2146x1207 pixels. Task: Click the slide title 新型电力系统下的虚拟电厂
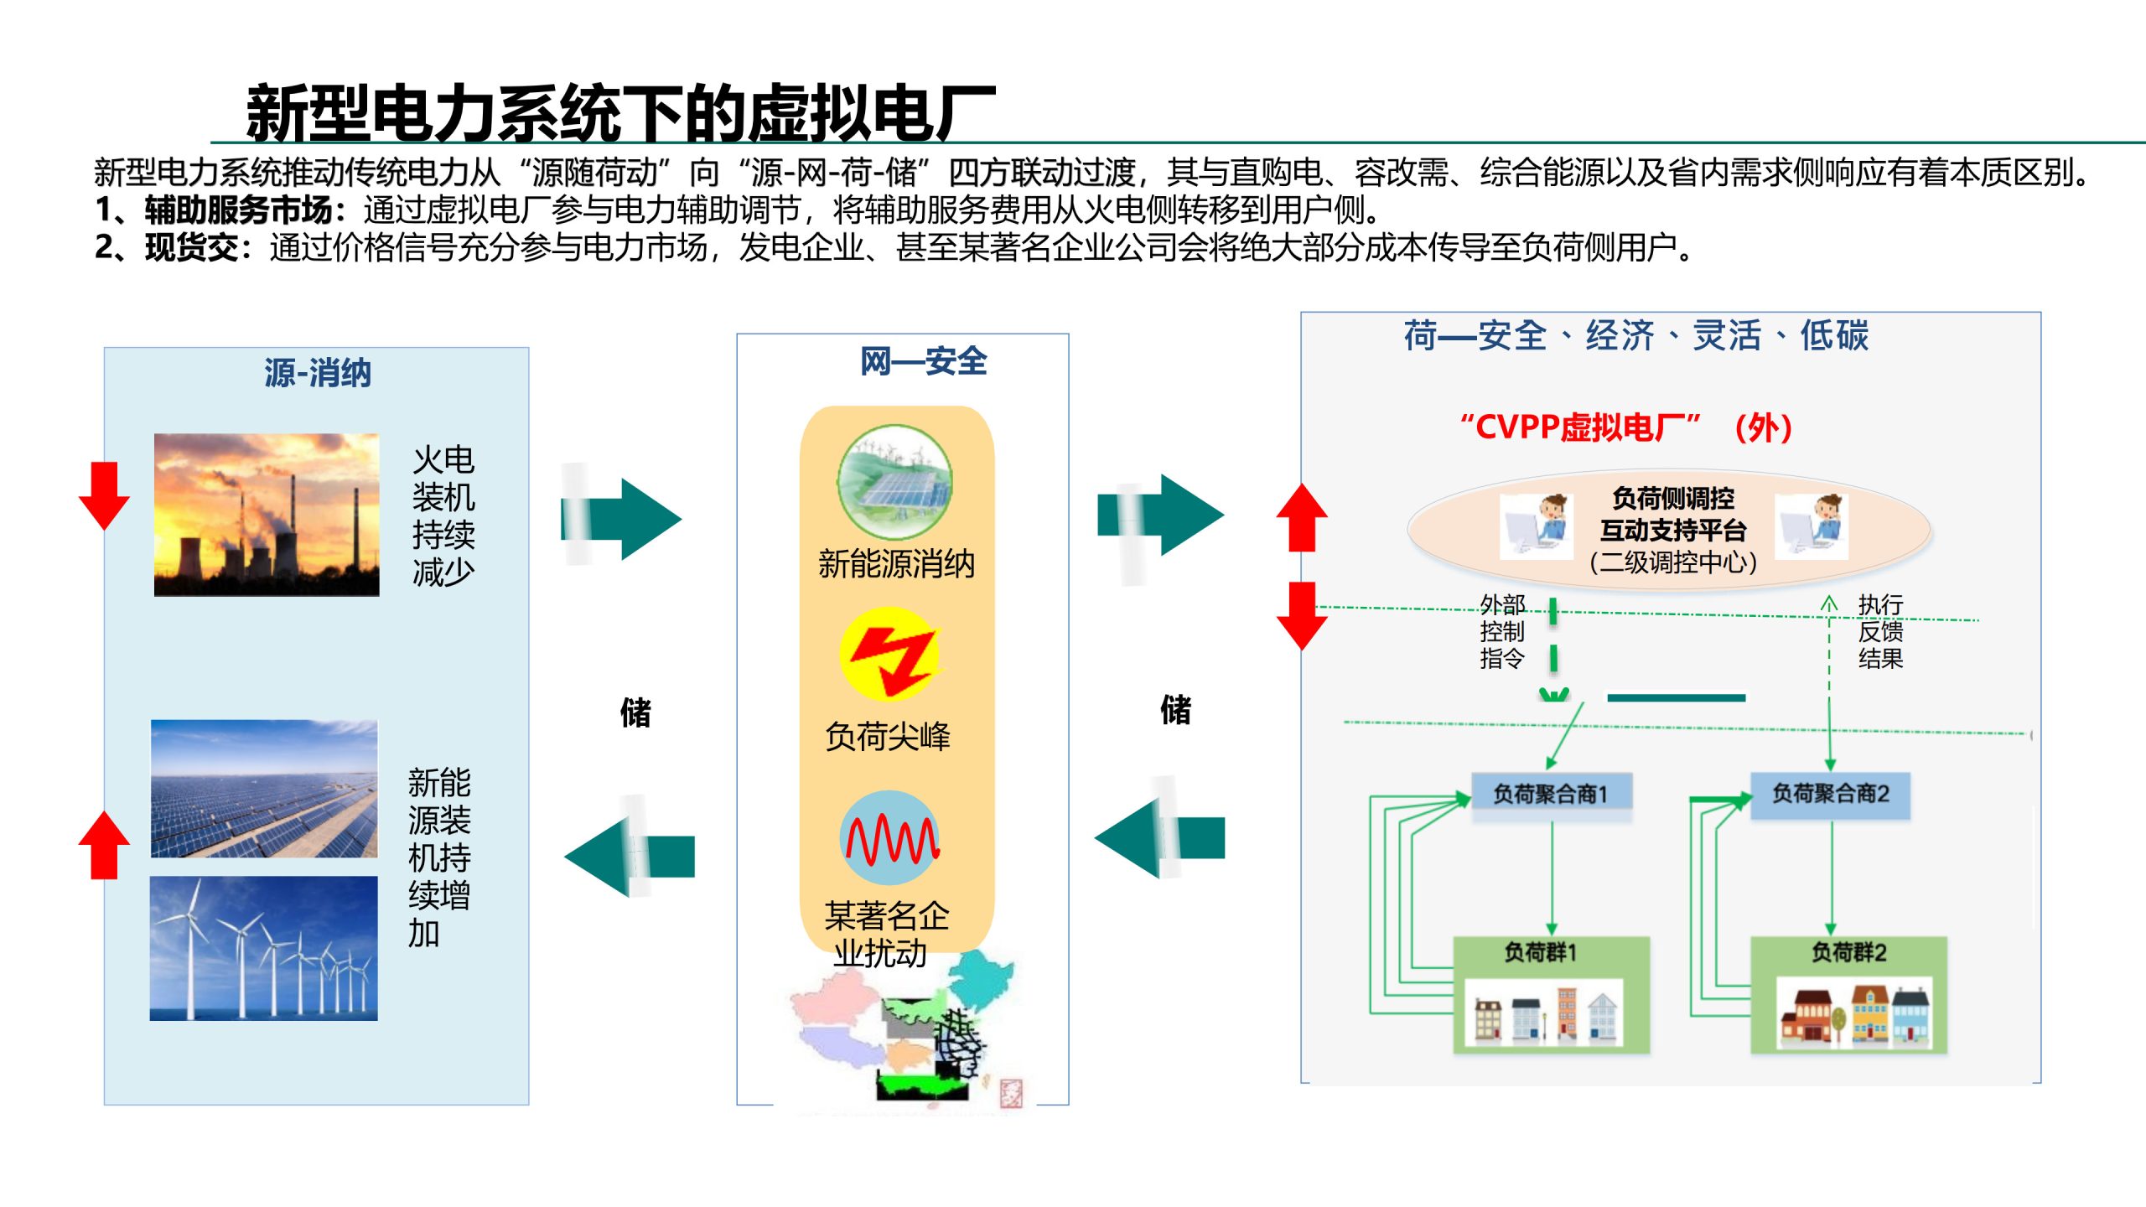coord(620,113)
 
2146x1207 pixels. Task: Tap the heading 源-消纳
coord(317,373)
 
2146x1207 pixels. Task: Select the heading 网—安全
coord(923,361)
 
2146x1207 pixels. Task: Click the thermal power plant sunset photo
coord(267,515)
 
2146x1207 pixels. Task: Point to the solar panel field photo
coord(264,788)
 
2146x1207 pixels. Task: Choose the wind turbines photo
coord(264,948)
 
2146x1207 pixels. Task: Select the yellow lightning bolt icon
coord(890,655)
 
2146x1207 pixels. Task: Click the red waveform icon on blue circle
coord(890,837)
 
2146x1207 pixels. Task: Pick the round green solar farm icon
coord(894,482)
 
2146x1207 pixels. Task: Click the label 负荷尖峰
coord(888,736)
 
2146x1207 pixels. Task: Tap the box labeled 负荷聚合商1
coord(1551,793)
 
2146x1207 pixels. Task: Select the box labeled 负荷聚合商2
coord(1830,793)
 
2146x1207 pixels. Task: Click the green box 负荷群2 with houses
coord(1848,994)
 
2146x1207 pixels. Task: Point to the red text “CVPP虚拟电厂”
coord(1579,427)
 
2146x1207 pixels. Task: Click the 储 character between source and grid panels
coord(635,712)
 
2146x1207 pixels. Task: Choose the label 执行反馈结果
coord(1880,631)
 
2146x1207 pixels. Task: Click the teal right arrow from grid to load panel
coord(1161,515)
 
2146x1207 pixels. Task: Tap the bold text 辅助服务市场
coord(239,210)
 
